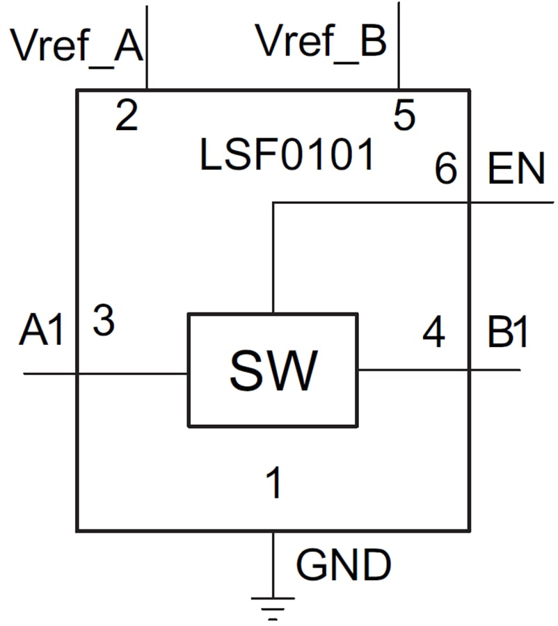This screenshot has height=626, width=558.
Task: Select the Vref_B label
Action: pos(321,42)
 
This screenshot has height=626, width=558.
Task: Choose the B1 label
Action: pos(507,333)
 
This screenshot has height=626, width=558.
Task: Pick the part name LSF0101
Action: pos(287,156)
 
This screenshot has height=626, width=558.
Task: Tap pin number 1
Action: pos(275,483)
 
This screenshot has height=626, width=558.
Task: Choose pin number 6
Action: pos(445,169)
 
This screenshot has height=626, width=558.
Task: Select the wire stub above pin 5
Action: pos(398,45)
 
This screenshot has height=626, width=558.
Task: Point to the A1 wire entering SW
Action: pos(104,374)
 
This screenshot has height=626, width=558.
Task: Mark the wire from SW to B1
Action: pos(438,369)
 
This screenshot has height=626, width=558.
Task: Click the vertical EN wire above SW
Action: pos(273,257)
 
